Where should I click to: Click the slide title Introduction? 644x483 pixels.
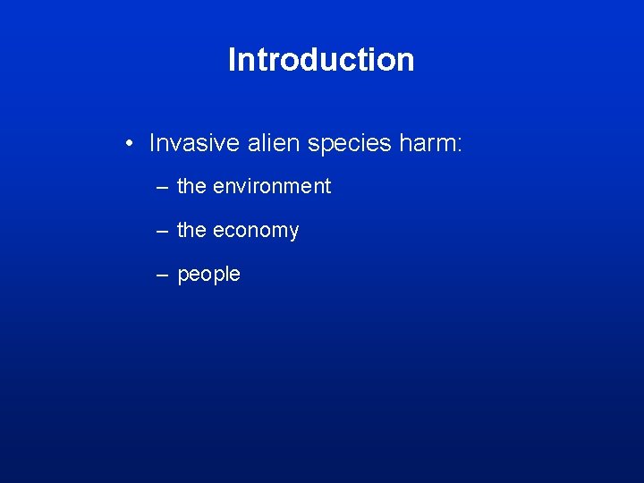[x=321, y=60]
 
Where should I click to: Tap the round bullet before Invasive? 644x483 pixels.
[x=131, y=142]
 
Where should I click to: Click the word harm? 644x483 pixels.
[x=424, y=143]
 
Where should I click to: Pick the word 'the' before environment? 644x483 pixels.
[x=191, y=186]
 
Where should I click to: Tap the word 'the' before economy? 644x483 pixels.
[x=191, y=230]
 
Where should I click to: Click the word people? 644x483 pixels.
[x=209, y=275]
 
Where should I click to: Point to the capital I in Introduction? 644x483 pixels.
[x=233, y=60]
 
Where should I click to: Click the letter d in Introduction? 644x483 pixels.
[x=311, y=60]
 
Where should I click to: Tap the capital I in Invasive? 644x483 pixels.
[x=153, y=143]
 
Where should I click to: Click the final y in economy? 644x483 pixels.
[x=292, y=233]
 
